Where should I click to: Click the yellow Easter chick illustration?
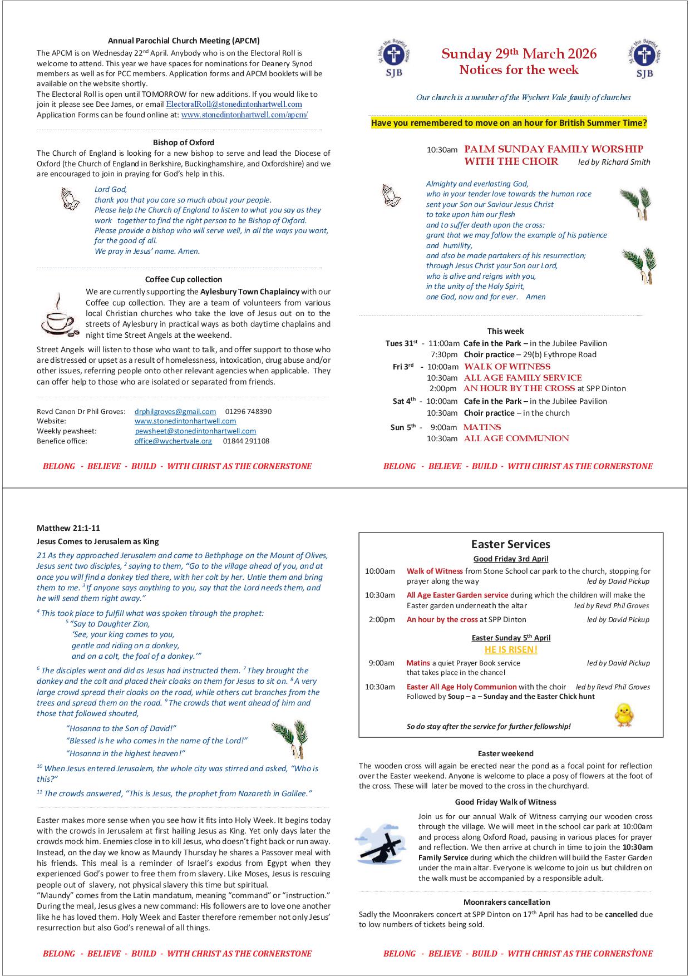point(624,714)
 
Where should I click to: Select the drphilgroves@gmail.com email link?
point(175,412)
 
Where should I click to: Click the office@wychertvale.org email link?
point(173,441)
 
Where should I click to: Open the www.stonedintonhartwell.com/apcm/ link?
point(244,115)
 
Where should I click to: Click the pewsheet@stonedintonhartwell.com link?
point(195,431)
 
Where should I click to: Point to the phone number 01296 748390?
point(248,412)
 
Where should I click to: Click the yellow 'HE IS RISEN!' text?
point(511,650)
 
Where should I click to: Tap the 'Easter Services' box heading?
point(510,544)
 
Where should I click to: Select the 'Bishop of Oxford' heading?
point(184,142)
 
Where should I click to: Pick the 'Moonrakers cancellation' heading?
point(506,903)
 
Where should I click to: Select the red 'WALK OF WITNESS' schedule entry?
point(507,367)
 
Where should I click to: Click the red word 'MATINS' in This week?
point(482,427)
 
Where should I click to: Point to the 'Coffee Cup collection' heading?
point(184,279)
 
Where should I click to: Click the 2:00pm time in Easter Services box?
point(381,620)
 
